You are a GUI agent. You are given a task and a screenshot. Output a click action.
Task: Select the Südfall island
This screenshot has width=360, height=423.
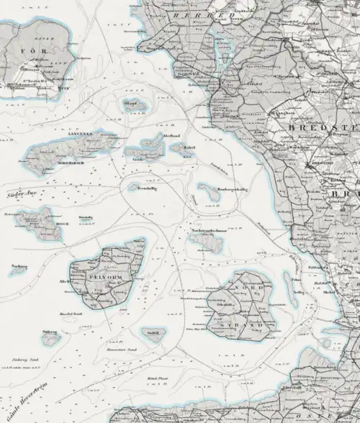[x=153, y=333]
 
